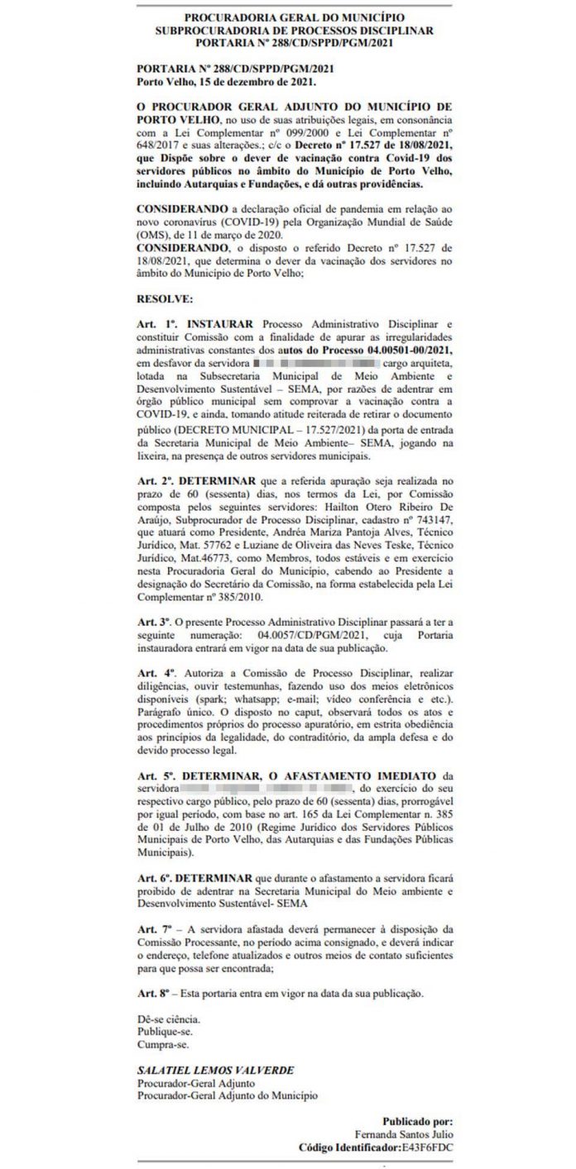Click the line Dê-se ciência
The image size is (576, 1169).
pos(168,1019)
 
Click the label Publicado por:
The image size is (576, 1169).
pos(418,1121)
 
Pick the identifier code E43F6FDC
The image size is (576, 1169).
pos(427,1148)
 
